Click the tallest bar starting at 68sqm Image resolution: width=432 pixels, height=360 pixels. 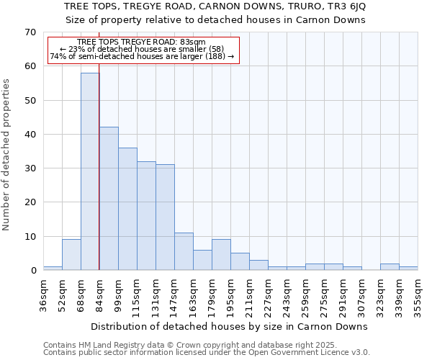90,171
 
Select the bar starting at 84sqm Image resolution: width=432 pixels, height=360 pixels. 109,199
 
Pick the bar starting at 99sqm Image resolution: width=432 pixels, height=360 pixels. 127,209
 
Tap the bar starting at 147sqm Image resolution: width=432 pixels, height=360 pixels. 184,251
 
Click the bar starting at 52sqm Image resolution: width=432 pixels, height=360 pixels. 71,255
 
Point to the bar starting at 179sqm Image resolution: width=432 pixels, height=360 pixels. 221,255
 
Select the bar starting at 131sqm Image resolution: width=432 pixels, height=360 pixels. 165,217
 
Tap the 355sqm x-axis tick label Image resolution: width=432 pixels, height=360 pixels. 418,295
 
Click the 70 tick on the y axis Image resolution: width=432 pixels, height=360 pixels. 30,32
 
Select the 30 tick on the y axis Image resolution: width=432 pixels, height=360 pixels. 30,168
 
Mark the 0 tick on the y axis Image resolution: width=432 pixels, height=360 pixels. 32,271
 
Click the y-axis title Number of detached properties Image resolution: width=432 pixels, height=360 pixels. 7,155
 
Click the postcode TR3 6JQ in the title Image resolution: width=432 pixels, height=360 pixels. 349,6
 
